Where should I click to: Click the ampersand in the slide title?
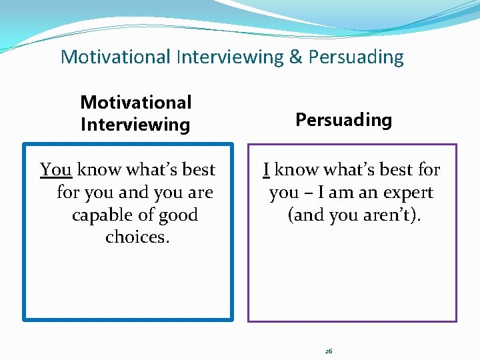pyautogui.click(x=295, y=57)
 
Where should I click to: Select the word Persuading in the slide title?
pyautogui.click(x=356, y=58)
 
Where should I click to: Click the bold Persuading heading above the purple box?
pyautogui.click(x=343, y=120)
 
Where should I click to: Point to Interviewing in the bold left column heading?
pyautogui.click(x=135, y=125)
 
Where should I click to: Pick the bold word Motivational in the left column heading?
pyautogui.click(x=135, y=103)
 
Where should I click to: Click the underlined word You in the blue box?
pyautogui.click(x=55, y=170)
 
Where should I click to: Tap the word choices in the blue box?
pyautogui.click(x=137, y=237)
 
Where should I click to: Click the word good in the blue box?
pyautogui.click(x=175, y=215)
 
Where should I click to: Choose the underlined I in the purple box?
pyautogui.click(x=266, y=170)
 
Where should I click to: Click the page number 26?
pyautogui.click(x=329, y=351)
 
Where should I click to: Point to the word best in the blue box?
pyautogui.click(x=199, y=170)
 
